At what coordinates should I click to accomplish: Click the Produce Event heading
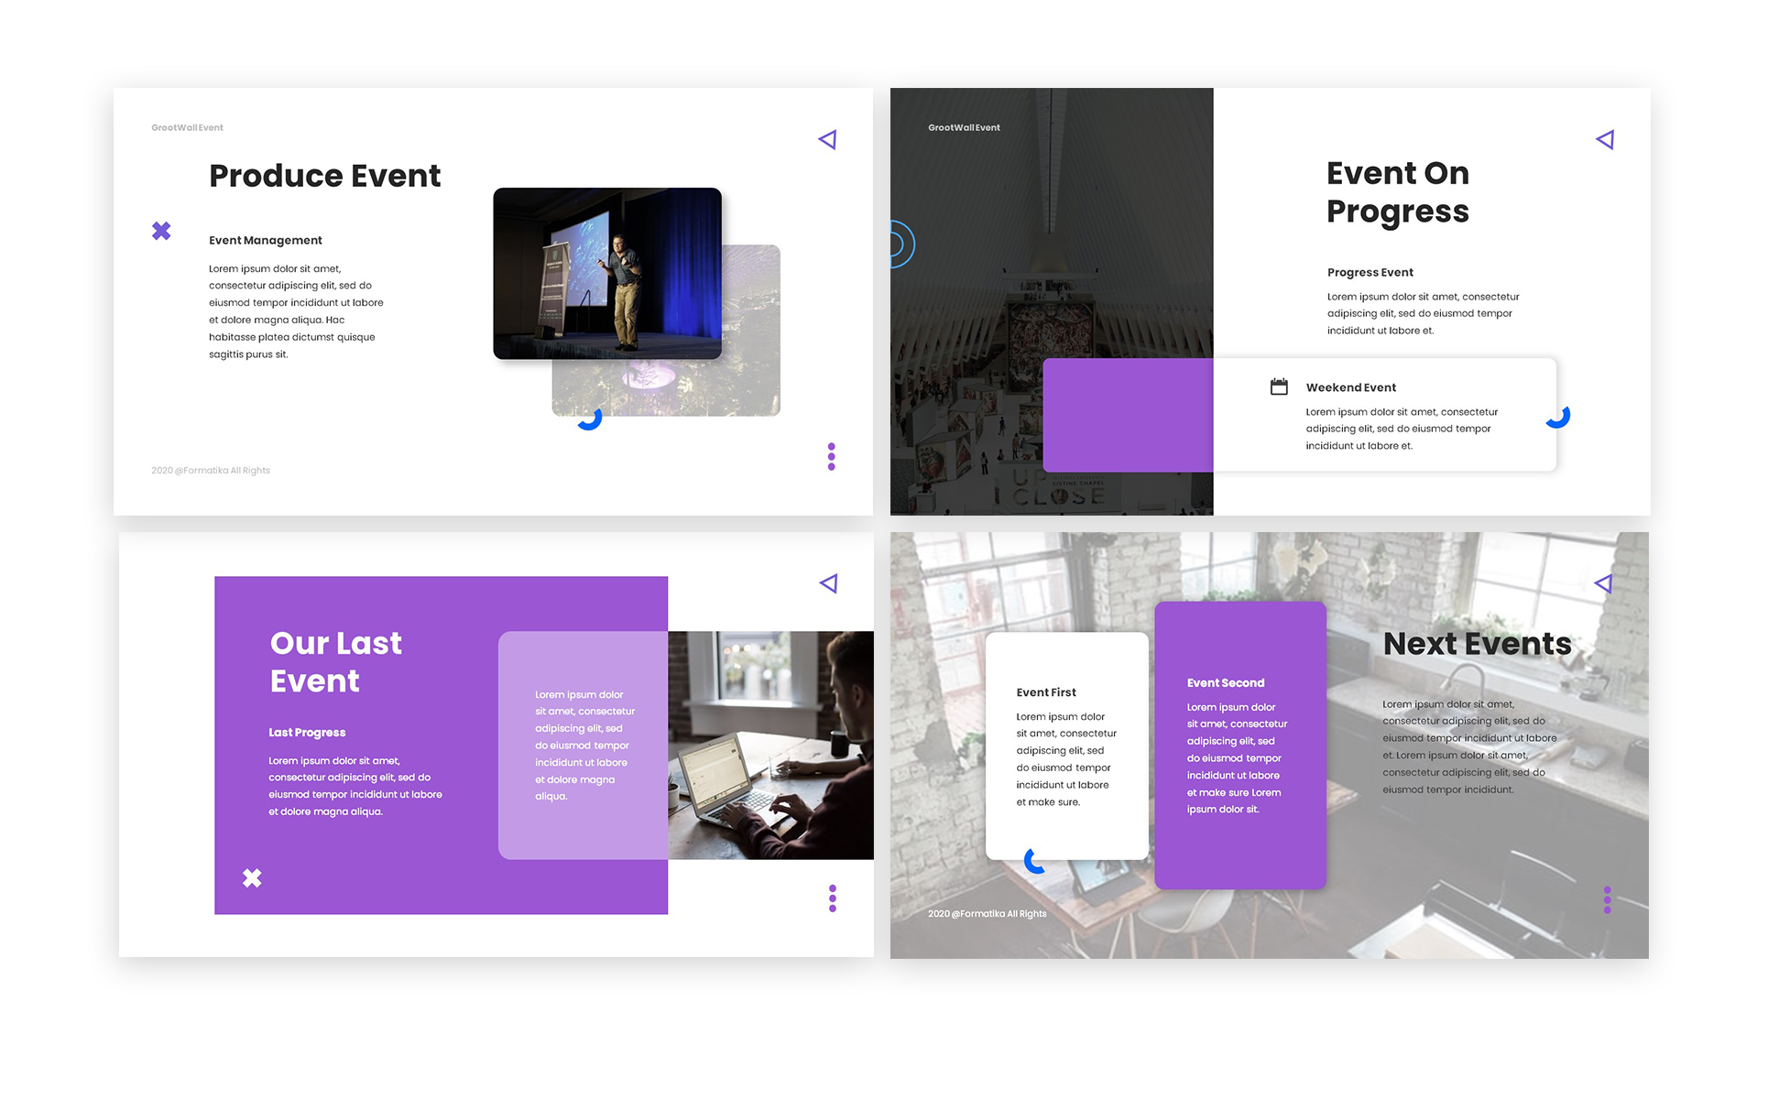coord(325,176)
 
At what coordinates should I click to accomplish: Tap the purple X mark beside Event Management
coord(161,231)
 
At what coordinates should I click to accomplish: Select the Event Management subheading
coord(266,240)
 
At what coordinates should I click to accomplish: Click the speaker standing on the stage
coord(623,291)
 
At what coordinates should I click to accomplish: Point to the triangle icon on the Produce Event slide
coord(827,139)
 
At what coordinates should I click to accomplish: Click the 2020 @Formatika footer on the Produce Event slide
coord(211,471)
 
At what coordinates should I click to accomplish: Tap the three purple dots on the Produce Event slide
coord(832,456)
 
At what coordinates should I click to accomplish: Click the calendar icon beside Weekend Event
coord(1280,386)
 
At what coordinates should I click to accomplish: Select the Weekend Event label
coord(1351,387)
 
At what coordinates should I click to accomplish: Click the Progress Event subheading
coord(1370,272)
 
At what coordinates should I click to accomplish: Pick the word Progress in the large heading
coord(1398,212)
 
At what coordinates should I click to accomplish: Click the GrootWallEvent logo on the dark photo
coord(964,127)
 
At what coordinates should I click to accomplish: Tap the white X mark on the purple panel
coord(252,878)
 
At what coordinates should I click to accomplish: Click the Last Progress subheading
coord(307,733)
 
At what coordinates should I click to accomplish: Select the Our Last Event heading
coord(336,662)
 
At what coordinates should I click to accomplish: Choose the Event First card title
coord(1046,692)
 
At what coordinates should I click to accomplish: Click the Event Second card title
coord(1226,683)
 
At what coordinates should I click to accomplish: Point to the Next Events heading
coord(1478,644)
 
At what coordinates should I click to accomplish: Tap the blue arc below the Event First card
coord(1030,862)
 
